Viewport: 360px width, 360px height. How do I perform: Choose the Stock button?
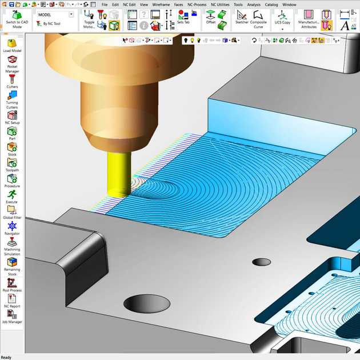[x=12, y=149]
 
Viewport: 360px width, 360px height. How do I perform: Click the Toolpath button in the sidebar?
[x=12, y=164]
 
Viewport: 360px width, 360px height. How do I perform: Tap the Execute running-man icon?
[x=12, y=195]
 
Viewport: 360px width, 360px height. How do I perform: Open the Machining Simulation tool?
[x=12, y=245]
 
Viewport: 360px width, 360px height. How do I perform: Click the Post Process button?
[x=12, y=283]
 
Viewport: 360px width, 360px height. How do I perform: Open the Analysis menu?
[x=254, y=4]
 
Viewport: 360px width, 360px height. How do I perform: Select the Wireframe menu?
[x=161, y=4]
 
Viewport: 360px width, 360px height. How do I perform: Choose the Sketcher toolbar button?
[x=242, y=17]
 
